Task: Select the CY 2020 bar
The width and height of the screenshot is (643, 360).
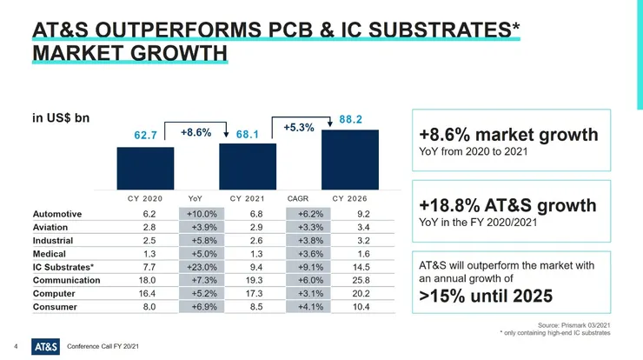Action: point(145,168)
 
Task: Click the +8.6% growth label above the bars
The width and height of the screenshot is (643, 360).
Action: point(196,133)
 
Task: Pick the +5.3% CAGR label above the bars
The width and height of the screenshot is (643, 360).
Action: point(298,128)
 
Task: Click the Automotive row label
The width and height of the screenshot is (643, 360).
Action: point(57,213)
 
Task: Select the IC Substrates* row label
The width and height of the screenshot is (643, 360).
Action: point(63,267)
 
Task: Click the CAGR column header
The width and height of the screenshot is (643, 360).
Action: point(298,197)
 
